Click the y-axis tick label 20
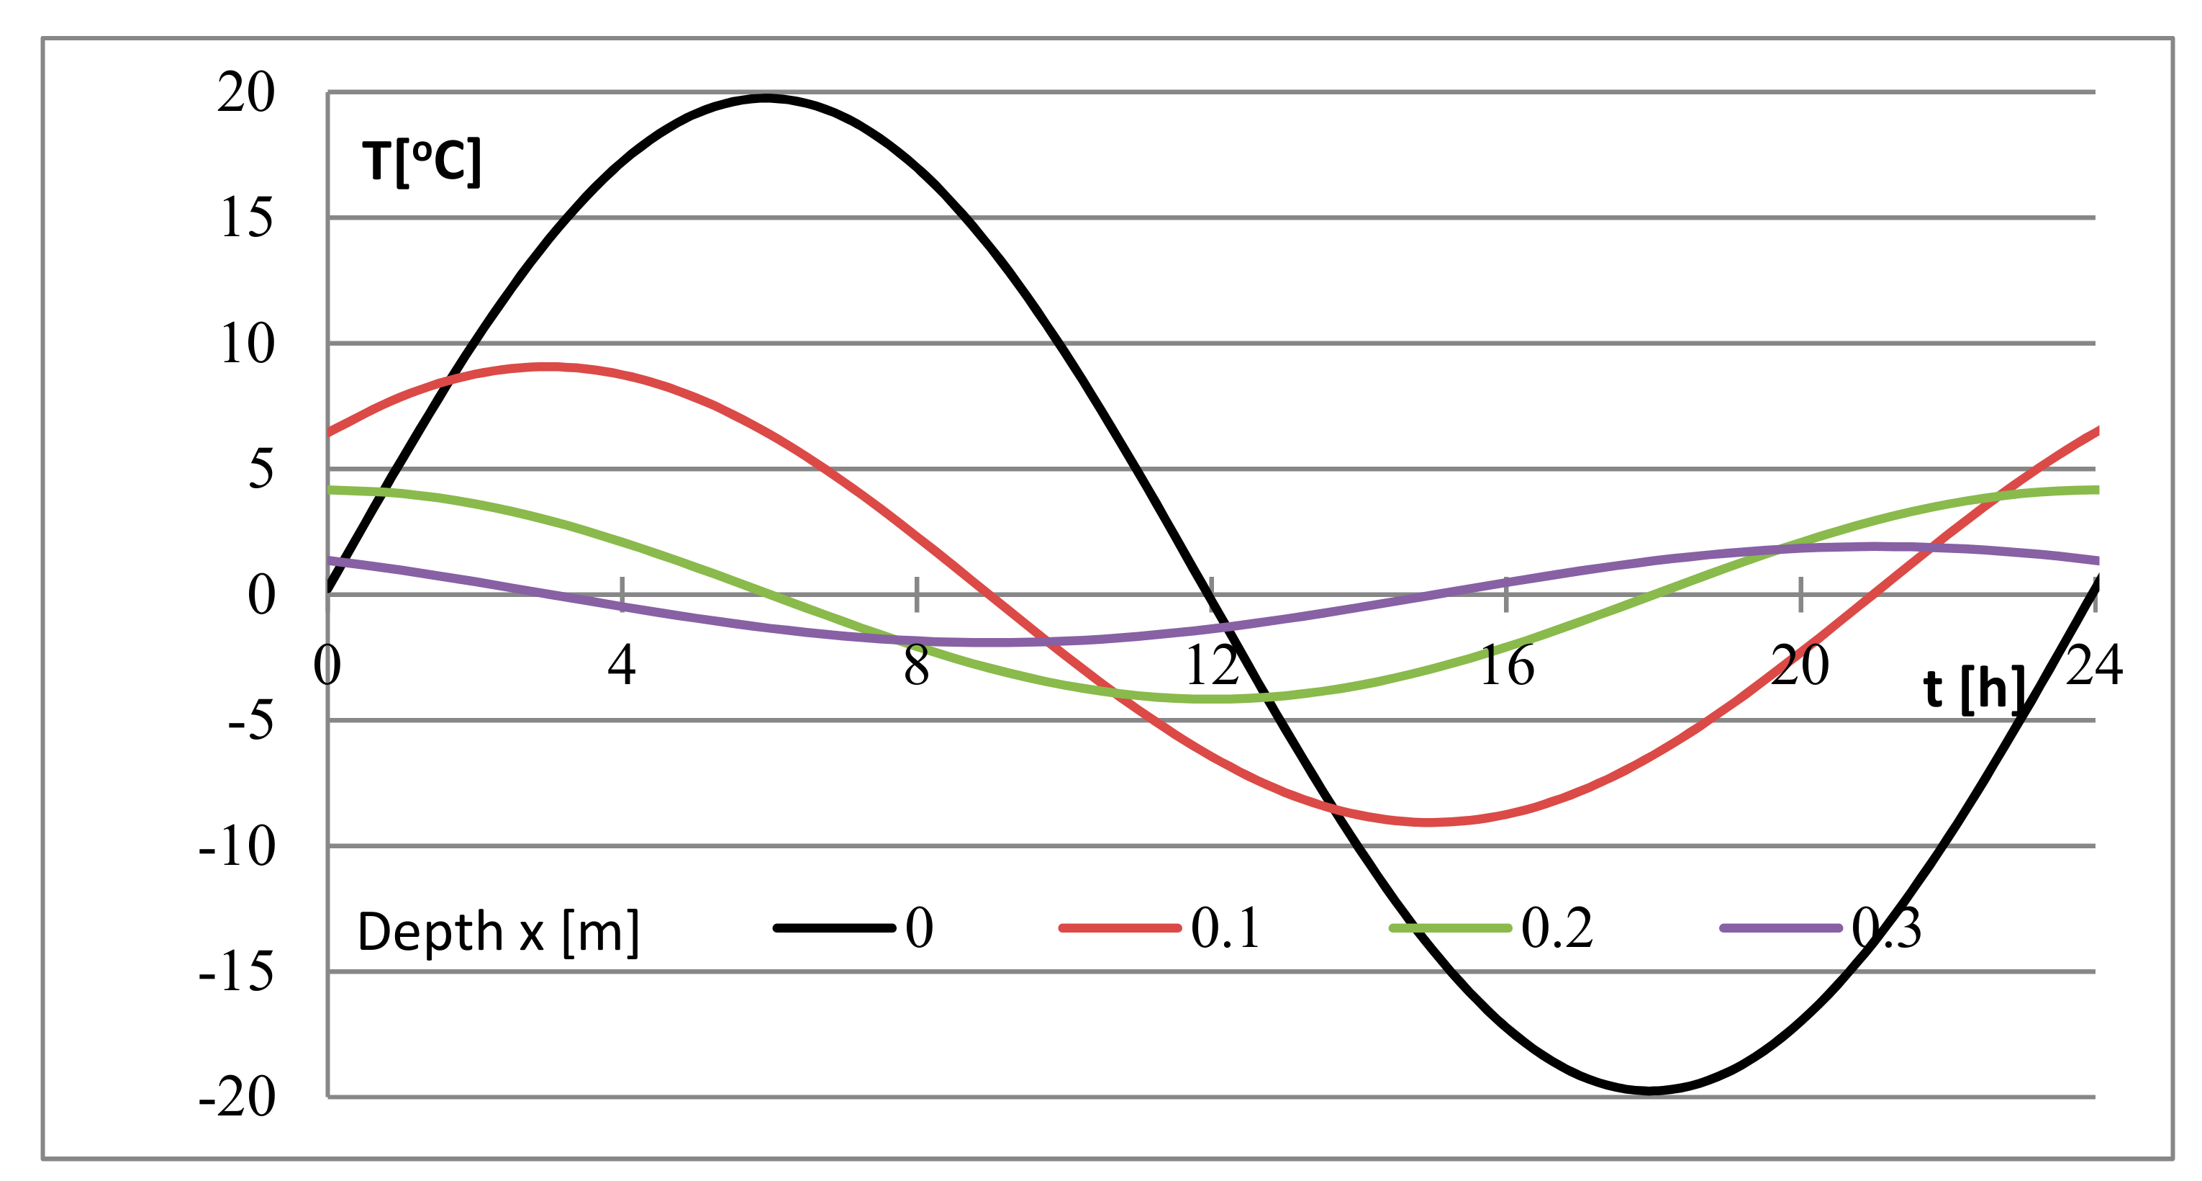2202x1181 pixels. click(246, 92)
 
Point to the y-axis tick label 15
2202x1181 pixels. click(246, 218)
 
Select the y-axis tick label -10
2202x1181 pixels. click(237, 848)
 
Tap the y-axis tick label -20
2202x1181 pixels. click(237, 1098)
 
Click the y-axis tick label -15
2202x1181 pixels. click(237, 973)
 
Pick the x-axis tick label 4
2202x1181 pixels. click(622, 665)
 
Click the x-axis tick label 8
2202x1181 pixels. click(916, 665)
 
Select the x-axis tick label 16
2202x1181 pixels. click(1506, 665)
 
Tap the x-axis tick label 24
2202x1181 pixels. click(2094, 665)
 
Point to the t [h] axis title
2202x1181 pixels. click(1975, 688)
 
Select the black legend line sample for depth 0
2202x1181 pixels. click(834, 928)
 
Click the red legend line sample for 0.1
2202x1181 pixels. click(1120, 928)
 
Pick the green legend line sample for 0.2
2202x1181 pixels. click(1451, 928)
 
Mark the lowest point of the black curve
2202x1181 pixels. click(1651, 1091)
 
